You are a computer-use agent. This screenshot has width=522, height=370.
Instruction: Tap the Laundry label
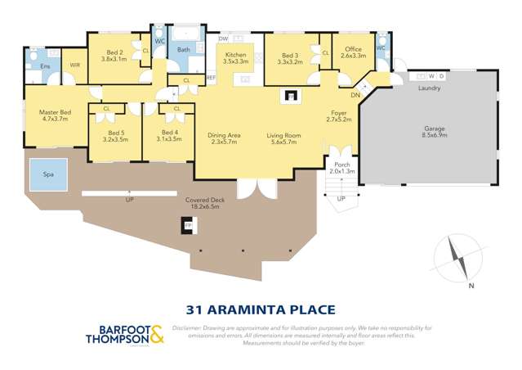point(430,88)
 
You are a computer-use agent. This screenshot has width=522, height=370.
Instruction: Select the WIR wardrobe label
point(75,65)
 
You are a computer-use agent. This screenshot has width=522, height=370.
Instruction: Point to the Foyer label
point(338,114)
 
